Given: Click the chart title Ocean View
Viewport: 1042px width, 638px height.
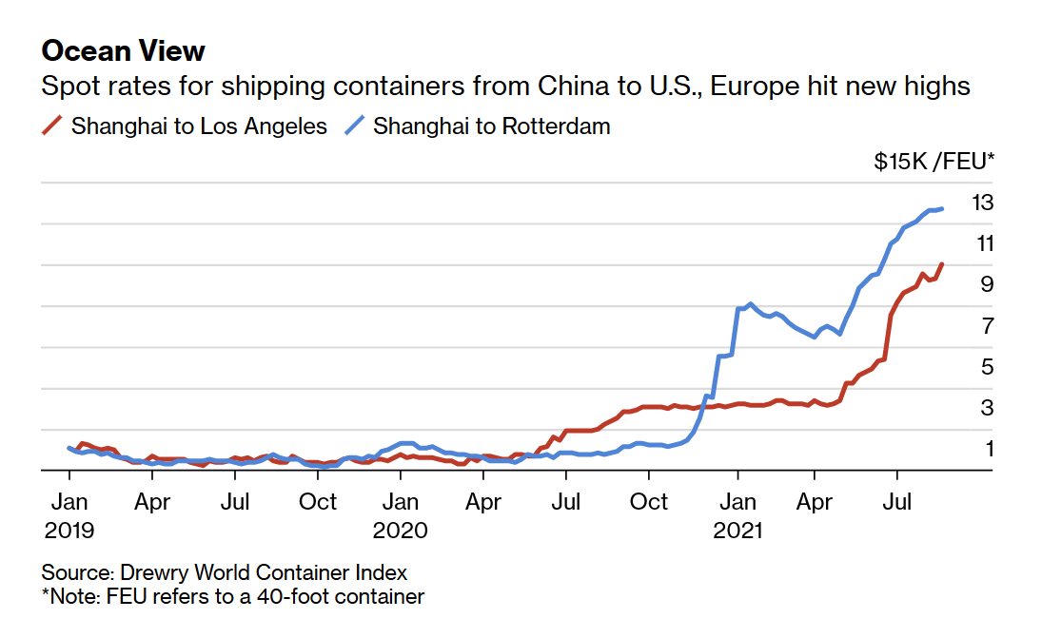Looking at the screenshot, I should tap(124, 50).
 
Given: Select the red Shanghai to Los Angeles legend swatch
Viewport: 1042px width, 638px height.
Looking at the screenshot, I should tap(54, 126).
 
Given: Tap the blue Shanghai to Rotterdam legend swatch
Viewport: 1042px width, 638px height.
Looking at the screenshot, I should tap(357, 126).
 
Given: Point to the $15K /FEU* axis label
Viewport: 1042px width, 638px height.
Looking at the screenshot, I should tap(934, 162).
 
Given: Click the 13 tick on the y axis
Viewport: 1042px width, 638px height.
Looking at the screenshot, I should tap(983, 203).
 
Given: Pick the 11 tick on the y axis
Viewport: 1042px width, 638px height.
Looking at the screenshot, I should tap(983, 243).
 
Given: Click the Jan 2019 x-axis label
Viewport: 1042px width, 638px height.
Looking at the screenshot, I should tap(69, 514).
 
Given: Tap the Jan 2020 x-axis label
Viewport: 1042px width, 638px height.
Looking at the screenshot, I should tap(401, 514).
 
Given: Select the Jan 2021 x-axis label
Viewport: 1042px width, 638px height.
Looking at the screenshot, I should tap(737, 514).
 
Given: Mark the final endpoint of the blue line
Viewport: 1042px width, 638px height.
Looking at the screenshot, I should tap(942, 208).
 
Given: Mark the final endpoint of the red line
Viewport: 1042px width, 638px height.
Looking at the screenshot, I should tap(942, 264).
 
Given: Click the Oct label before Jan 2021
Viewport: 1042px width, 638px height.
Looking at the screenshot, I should tap(651, 501).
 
